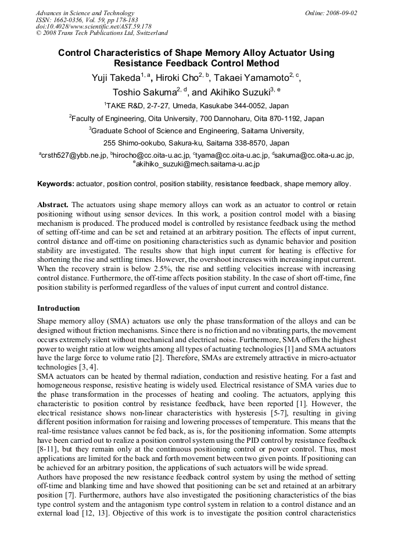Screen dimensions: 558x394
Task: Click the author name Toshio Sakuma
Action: click(x=143, y=92)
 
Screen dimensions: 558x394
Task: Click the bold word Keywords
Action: click(x=56, y=184)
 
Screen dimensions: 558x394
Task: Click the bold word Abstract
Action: click(x=53, y=205)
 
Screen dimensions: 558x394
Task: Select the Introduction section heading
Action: click(x=59, y=308)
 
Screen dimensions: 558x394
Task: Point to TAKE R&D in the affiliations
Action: click(x=123, y=106)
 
